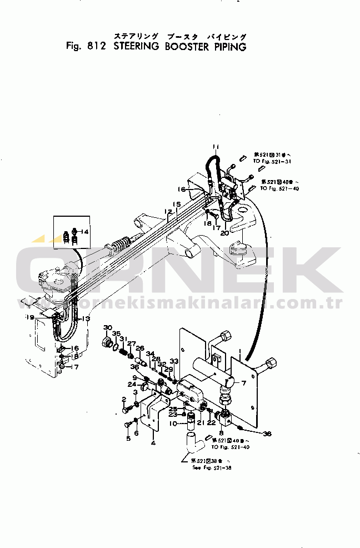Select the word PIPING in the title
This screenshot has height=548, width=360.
click(228, 47)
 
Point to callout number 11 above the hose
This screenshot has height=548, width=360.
click(216, 147)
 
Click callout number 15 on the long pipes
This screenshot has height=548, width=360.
click(176, 205)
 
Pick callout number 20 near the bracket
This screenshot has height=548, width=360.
click(224, 233)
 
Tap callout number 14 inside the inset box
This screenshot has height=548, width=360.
click(85, 231)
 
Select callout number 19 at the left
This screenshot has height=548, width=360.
click(29, 317)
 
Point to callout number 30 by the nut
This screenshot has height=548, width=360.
click(108, 327)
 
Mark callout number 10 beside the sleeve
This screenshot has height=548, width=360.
click(173, 424)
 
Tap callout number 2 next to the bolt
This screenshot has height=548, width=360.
click(124, 398)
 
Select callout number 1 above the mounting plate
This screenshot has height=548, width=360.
click(239, 351)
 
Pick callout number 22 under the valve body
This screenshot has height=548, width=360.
click(212, 423)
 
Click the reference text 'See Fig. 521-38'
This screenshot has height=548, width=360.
click(211, 468)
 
